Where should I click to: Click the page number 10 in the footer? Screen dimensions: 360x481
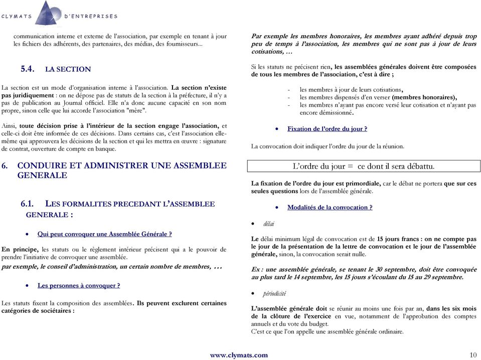(473, 355)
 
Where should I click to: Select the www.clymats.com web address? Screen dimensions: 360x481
(239, 355)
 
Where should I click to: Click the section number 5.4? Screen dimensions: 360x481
(27, 69)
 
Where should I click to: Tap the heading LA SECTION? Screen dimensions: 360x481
(68, 69)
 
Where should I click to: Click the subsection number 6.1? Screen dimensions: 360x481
(28, 204)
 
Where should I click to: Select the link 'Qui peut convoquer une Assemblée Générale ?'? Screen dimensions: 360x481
(105, 234)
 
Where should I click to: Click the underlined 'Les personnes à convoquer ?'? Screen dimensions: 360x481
(79, 285)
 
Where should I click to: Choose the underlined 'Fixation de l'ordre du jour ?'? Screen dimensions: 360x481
(327, 129)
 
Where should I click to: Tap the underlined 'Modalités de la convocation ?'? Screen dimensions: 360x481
(330, 207)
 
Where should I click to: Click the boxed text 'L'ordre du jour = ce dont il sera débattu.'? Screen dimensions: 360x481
(364, 166)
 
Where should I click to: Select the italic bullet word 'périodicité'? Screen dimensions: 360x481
(275, 293)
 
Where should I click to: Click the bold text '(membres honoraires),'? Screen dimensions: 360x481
(424, 97)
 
